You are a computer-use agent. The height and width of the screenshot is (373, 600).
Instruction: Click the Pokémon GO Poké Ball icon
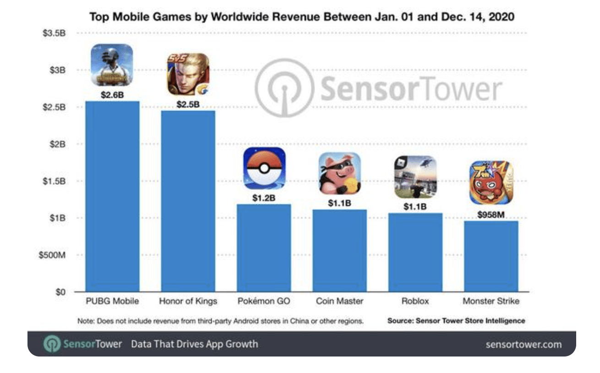(264, 168)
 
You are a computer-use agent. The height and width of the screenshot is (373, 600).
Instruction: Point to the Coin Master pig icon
(339, 174)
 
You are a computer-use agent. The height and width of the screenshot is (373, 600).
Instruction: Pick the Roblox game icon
(415, 177)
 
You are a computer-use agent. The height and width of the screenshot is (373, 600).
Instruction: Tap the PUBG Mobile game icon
(112, 65)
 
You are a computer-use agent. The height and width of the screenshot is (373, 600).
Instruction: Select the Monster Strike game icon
(491, 182)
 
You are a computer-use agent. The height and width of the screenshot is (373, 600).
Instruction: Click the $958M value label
(491, 214)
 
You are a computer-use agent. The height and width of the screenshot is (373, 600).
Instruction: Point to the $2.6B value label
(112, 95)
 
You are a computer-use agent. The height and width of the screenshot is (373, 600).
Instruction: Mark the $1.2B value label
(264, 198)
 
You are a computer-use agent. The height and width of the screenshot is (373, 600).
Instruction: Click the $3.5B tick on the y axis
(55, 33)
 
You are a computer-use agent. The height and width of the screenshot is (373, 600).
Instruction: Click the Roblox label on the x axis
(415, 302)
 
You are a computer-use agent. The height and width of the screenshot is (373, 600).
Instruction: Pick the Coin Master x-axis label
(339, 302)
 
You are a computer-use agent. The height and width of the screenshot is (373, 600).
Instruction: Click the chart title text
(302, 17)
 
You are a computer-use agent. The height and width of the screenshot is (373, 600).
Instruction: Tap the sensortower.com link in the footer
(524, 345)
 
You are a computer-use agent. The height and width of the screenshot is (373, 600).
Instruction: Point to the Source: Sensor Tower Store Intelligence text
(456, 321)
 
